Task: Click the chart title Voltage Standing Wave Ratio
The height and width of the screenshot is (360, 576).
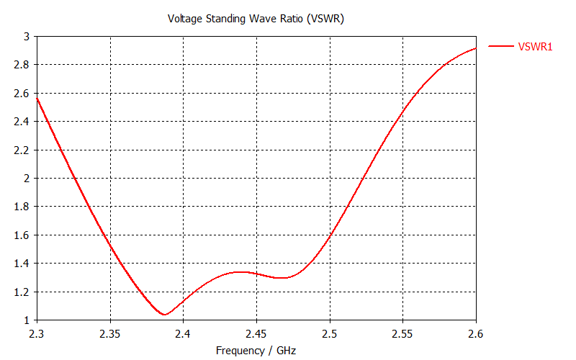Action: [x=256, y=19]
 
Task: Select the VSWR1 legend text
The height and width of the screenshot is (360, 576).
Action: [x=536, y=46]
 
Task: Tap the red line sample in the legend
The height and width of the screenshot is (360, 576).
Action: [x=501, y=46]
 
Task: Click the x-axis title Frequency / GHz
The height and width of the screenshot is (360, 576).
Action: [x=256, y=351]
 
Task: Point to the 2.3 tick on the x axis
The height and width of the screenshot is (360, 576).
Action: [x=37, y=334]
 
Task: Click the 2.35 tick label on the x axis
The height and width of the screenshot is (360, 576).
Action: [x=110, y=334]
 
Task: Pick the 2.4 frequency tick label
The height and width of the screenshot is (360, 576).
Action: [x=183, y=334]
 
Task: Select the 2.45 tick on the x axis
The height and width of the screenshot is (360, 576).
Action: [x=256, y=334]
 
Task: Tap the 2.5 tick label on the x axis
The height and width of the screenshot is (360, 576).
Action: [x=330, y=334]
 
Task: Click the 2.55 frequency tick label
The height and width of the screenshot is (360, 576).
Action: [x=402, y=334]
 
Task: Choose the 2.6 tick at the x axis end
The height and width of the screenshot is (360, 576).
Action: [x=476, y=334]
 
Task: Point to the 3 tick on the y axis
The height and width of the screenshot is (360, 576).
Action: [x=26, y=36]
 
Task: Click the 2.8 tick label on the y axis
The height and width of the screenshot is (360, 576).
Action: [x=22, y=64]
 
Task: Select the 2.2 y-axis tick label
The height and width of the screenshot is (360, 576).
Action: [x=22, y=150]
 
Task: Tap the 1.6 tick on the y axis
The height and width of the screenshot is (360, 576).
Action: [x=22, y=235]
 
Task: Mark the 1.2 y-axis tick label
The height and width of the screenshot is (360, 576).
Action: [x=22, y=292]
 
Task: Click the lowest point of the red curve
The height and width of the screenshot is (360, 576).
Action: [x=165, y=315]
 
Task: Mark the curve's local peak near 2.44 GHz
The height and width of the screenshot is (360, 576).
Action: [x=242, y=272]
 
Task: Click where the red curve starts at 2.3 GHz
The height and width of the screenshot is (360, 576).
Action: [x=37, y=97]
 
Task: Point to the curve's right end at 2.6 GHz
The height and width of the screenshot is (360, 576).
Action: [x=475, y=48]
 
